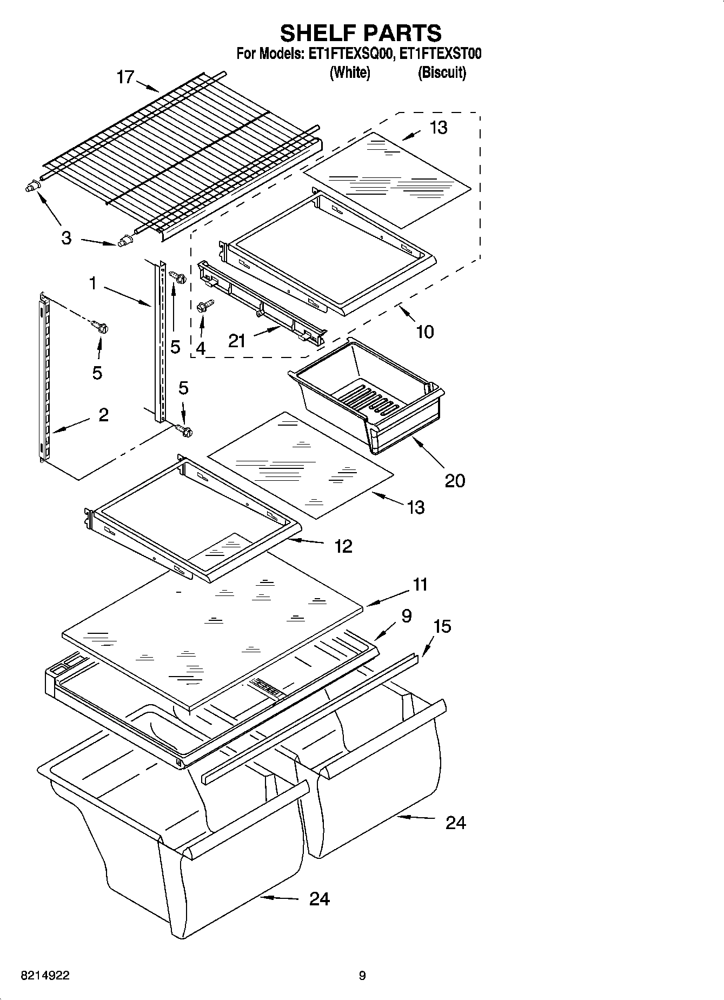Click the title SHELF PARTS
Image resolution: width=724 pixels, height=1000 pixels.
click(361, 34)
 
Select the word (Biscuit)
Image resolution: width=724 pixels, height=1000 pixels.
click(441, 72)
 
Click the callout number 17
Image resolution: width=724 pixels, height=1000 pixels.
click(125, 77)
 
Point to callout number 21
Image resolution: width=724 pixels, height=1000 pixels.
click(237, 341)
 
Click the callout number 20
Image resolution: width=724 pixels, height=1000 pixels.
click(455, 480)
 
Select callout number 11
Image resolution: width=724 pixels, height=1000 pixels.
click(420, 585)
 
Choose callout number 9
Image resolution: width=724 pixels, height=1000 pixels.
click(407, 615)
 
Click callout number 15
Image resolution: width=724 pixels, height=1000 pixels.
click(442, 626)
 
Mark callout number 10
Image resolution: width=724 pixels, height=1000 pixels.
click(425, 332)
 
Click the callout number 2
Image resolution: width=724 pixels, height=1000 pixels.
click(103, 415)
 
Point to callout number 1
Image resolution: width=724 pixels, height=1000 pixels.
click(93, 283)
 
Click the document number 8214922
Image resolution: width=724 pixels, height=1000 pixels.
click(45, 975)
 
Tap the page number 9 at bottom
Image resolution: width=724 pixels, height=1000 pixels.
click(362, 975)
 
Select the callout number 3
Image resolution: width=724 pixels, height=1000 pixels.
click(66, 237)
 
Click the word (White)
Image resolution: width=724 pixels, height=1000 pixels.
click(350, 72)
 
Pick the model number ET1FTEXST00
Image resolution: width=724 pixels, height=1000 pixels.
click(440, 54)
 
